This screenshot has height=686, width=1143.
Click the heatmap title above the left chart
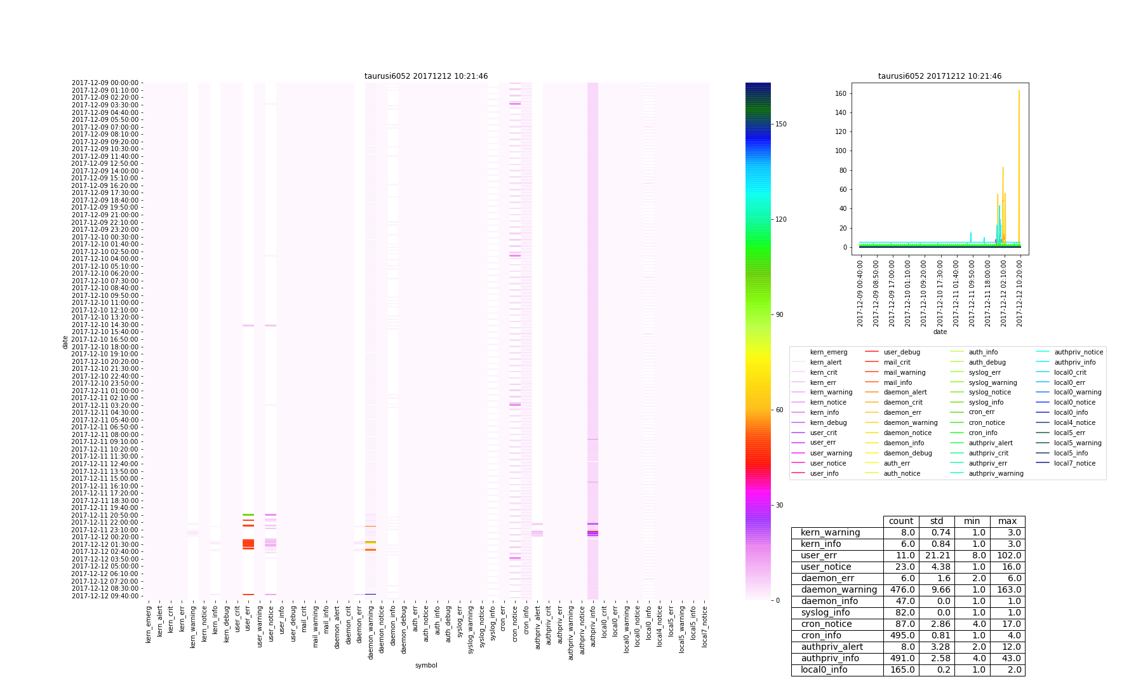[426, 76]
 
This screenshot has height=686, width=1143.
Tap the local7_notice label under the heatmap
[704, 626]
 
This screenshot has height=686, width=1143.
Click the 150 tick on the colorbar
[780, 124]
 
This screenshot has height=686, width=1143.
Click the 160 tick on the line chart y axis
[839, 93]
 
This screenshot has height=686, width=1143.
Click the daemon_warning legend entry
[910, 422]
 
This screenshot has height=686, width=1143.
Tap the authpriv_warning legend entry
[996, 473]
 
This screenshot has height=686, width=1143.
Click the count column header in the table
[901, 521]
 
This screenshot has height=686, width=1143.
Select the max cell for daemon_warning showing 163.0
[1007, 590]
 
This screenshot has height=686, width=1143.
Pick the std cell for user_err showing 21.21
[937, 556]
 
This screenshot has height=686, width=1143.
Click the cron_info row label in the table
[821, 636]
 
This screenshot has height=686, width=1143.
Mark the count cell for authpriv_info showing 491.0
[901, 659]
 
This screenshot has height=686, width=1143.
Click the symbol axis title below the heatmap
[426, 665]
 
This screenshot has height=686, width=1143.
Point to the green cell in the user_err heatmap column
[248, 514]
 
